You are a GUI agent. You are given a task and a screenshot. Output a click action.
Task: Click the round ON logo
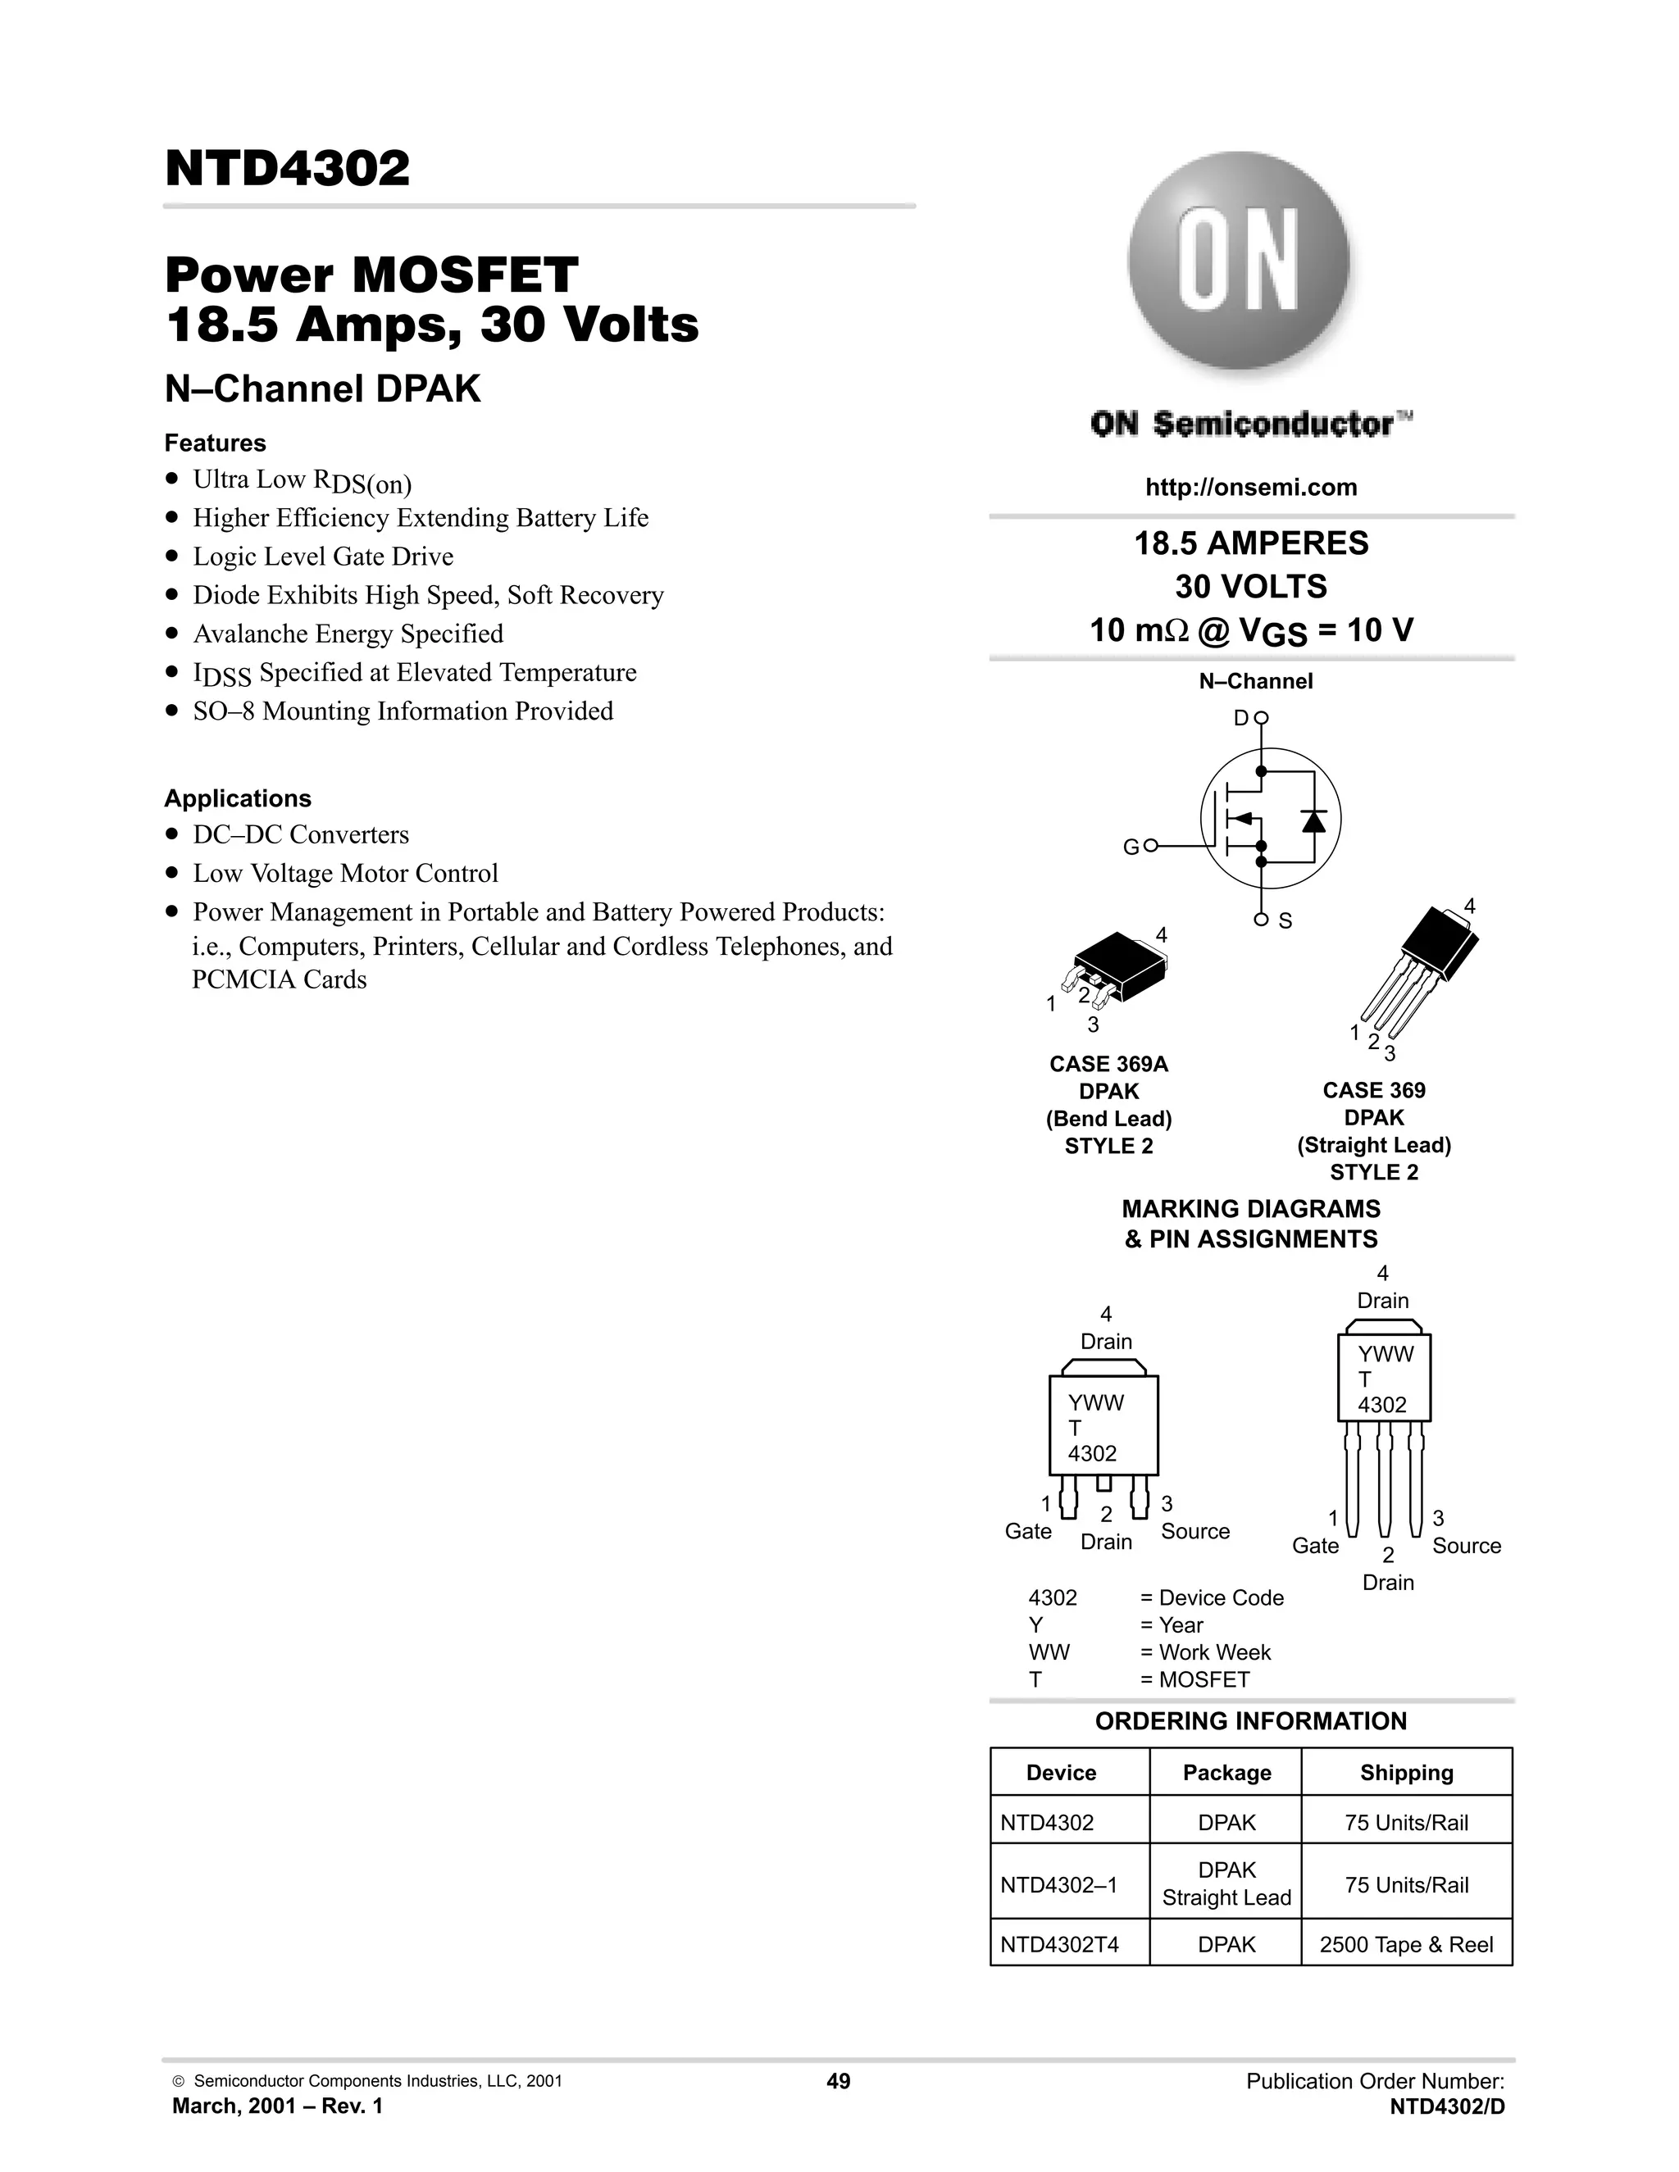[x=1239, y=261]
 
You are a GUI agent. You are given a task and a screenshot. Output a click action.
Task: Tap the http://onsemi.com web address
[x=1250, y=488]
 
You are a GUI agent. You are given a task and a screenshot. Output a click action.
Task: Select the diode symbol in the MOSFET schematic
[x=1313, y=821]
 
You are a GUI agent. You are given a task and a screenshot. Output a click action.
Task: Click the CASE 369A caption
[x=1108, y=1064]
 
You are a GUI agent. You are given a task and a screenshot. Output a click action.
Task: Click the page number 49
[x=839, y=2082]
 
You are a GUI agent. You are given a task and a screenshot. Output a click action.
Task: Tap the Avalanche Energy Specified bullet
[x=348, y=634]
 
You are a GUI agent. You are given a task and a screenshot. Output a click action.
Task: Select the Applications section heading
[x=238, y=798]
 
